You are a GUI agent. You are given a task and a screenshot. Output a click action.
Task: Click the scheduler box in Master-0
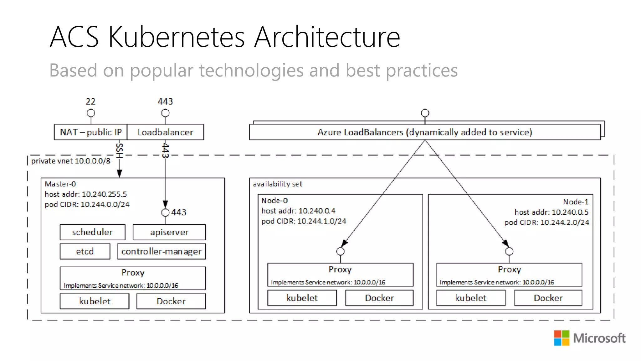92,232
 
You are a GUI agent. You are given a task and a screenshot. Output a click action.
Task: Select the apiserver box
169,232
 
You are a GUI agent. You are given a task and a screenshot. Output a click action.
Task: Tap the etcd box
85,251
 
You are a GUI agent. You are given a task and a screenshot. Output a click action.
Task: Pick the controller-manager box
161,251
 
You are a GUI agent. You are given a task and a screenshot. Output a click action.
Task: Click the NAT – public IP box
91,132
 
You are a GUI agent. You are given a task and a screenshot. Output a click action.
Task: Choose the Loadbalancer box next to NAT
165,132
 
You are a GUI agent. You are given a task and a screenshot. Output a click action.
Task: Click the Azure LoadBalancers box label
425,132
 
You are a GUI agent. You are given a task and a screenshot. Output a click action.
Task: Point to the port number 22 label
90,102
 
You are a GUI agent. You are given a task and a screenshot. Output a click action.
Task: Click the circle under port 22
91,113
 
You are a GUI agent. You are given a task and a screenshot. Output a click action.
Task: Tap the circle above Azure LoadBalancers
425,113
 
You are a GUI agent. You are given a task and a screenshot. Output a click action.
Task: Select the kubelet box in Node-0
302,298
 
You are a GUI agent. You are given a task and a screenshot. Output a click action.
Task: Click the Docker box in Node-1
548,298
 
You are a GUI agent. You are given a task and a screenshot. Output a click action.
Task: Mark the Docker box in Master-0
171,301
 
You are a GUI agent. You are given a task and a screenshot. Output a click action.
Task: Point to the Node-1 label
576,202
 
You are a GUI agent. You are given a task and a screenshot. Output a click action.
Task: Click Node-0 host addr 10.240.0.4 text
298,211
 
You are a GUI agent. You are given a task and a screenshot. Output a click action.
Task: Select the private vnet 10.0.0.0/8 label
71,161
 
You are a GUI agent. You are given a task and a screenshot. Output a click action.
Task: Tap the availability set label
278,184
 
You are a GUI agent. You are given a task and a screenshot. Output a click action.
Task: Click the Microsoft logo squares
562,338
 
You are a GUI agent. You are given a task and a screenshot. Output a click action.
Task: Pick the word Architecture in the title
327,37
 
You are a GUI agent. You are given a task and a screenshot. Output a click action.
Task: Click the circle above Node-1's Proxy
509,251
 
